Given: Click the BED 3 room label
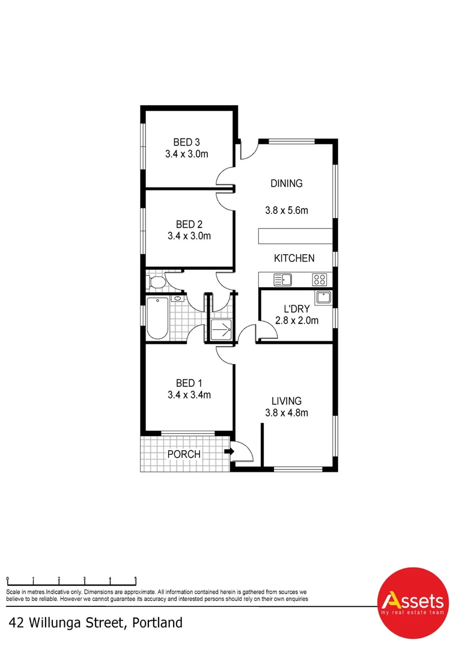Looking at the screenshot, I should tap(186, 142).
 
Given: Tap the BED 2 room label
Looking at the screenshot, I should tap(189, 225).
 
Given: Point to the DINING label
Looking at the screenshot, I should tap(286, 184).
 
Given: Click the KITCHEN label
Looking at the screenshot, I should tap(294, 258).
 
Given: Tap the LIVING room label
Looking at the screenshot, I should tap(286, 401).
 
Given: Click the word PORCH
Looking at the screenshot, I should tap(184, 454).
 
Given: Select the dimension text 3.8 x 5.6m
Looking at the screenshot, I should tap(286, 211).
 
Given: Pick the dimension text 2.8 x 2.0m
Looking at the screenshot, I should tap(296, 321).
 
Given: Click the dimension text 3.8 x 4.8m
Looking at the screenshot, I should tap(286, 413).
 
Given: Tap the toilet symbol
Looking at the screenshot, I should tap(157, 282).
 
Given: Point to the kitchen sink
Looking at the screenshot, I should tap(282, 279).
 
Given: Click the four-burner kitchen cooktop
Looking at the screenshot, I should tap(320, 279).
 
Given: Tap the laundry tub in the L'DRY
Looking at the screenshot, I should tap(323, 297).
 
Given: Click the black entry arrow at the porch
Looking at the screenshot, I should tap(229, 452).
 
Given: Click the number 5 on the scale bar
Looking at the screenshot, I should tap(136, 579).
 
